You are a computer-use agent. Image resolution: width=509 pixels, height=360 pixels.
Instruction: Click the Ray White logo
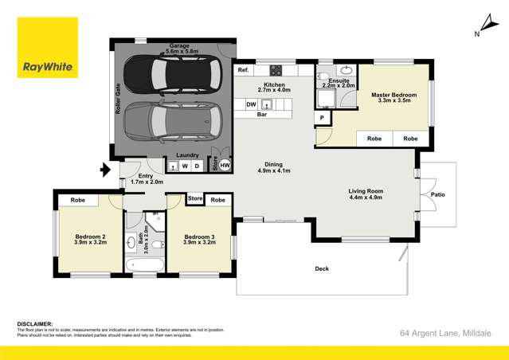(48, 49)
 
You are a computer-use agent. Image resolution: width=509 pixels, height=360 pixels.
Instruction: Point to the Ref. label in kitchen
(243, 71)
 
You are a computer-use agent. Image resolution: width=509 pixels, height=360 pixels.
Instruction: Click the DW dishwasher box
(251, 104)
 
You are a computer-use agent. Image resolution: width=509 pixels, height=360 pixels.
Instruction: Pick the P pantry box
(322, 118)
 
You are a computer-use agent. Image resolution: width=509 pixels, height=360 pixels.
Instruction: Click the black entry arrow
(104, 170)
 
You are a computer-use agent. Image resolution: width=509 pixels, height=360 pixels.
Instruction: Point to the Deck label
(322, 269)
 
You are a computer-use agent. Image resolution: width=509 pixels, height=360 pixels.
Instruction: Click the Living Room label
(366, 194)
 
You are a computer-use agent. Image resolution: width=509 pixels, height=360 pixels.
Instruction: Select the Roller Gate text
(117, 100)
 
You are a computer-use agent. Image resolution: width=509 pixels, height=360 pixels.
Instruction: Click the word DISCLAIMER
(35, 324)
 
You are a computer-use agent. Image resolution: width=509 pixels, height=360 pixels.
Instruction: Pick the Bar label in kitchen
(261, 115)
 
